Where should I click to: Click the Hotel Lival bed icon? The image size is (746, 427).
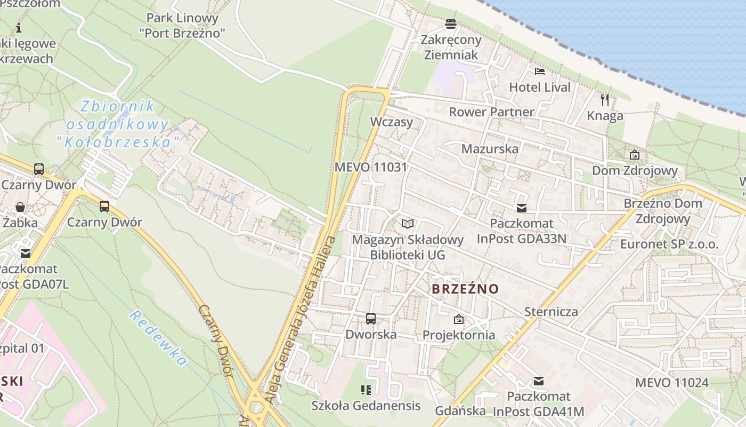539,71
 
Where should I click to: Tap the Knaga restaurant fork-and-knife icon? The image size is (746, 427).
605,99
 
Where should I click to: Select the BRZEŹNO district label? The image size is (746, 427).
465,289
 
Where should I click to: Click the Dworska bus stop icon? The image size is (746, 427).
371,319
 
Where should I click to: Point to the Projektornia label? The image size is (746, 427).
459,335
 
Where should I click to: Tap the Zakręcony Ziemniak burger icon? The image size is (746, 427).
451,23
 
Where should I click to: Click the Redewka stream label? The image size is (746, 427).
158,338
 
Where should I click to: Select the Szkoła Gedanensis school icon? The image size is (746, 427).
366,390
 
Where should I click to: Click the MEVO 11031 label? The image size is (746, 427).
370,167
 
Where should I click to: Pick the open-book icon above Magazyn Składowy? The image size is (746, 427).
408,224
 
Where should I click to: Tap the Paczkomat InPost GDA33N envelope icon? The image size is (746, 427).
521,208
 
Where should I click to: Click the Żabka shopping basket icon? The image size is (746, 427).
20,207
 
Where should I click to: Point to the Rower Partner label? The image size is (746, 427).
491,112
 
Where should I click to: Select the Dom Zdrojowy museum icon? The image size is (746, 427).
634,155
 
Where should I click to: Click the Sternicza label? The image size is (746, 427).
551,312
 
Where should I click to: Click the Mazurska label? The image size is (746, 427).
490,149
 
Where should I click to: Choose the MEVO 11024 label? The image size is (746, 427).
671,383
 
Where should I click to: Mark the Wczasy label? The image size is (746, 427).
392,122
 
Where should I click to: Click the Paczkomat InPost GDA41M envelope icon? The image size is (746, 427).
539,381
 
